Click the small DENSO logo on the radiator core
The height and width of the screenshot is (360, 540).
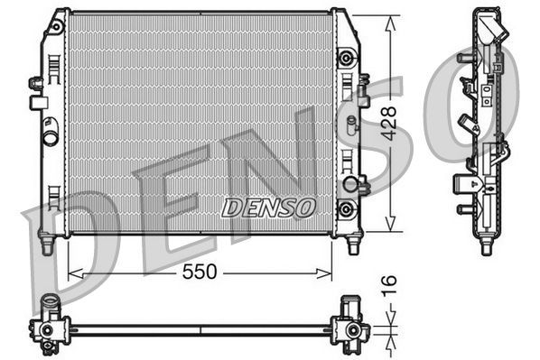[267, 207]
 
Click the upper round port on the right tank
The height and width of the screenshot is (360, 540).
[344, 60]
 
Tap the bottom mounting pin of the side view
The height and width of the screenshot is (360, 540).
[486, 245]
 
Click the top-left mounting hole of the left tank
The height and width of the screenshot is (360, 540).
[56, 28]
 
